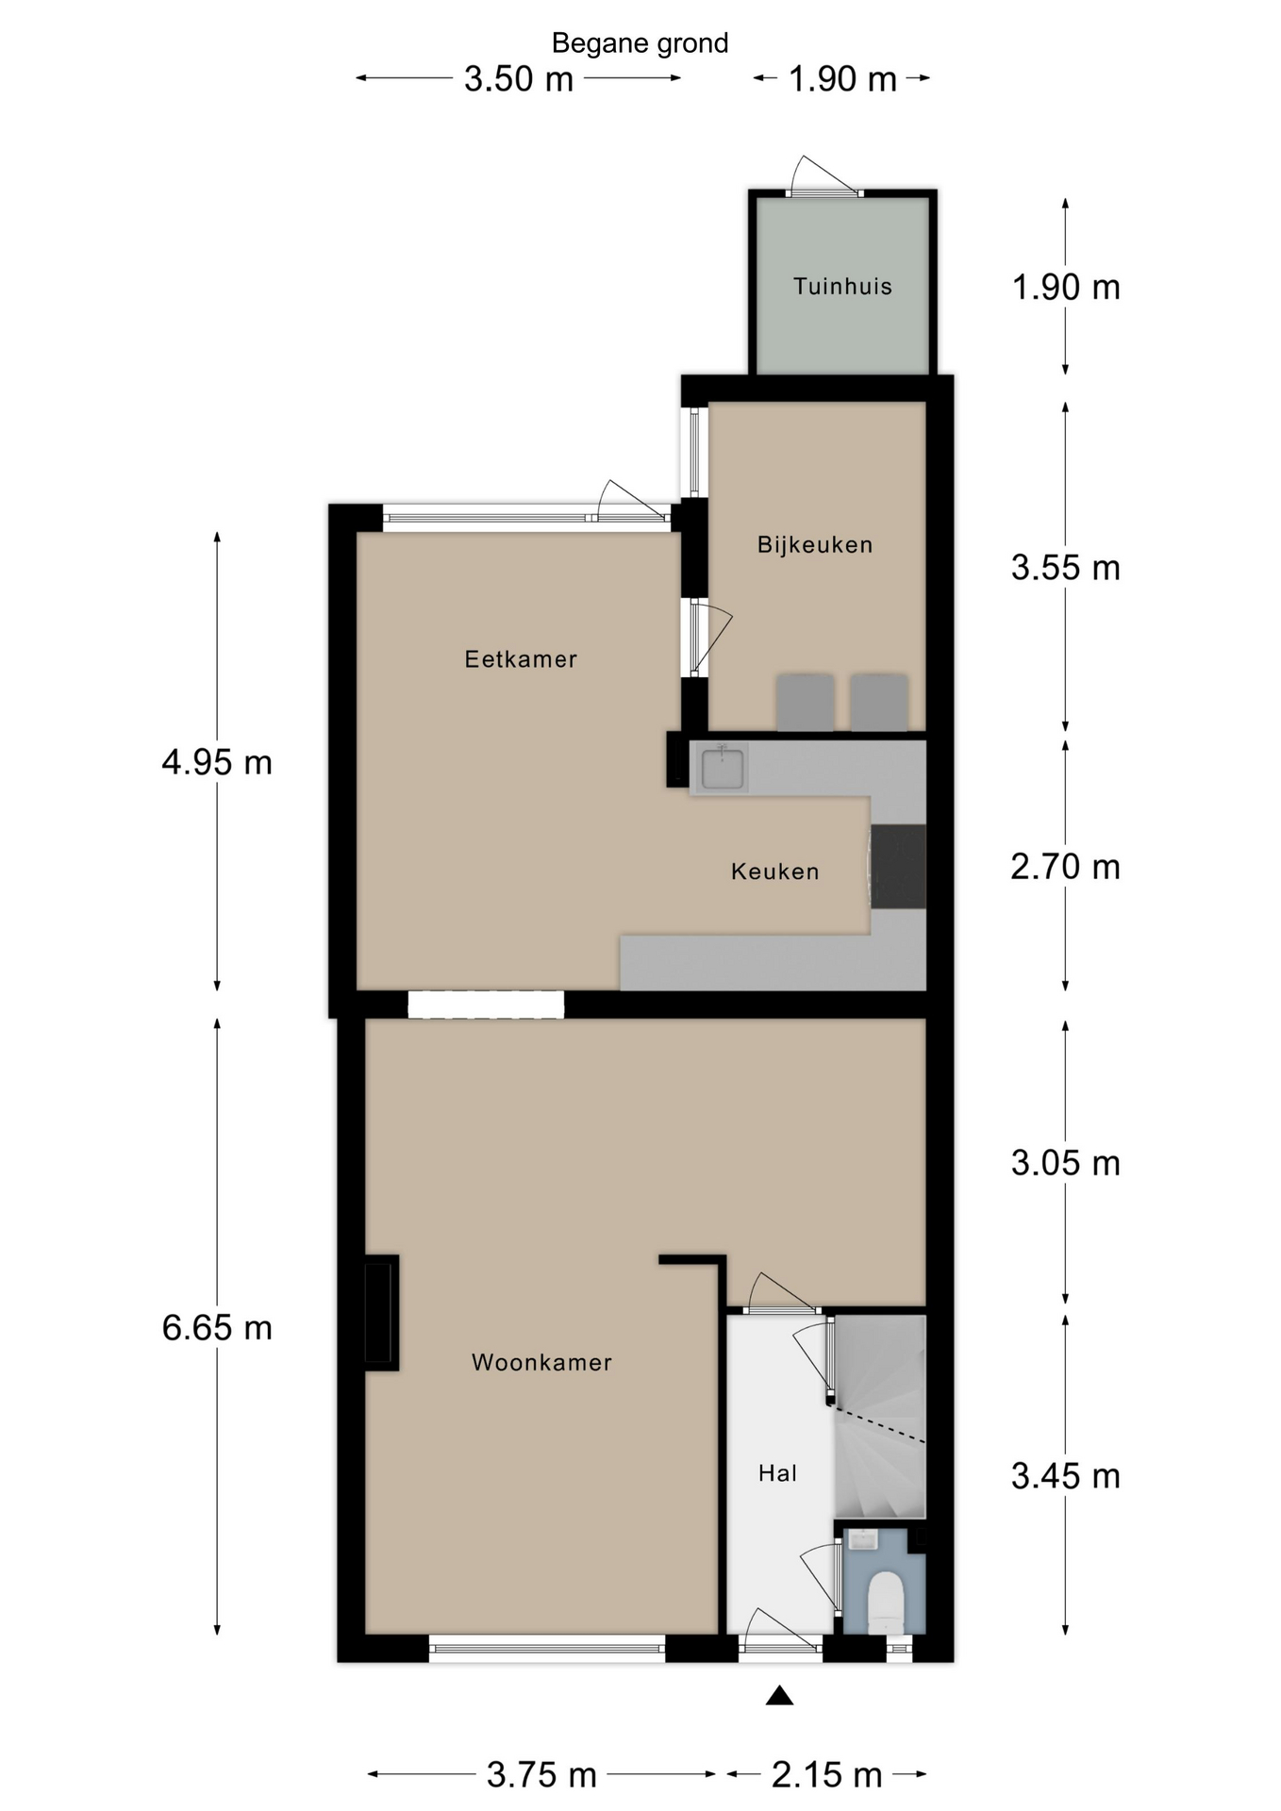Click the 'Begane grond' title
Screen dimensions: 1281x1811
pos(640,43)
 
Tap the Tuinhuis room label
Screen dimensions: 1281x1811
pos(842,287)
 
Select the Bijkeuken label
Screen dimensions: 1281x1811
pos(815,544)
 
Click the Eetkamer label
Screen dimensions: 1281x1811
pos(521,659)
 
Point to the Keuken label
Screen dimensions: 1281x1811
pos(774,872)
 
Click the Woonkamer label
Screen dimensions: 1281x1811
pos(541,1362)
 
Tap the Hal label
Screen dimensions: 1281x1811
pos(777,1473)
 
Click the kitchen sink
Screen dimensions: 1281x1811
pos(723,768)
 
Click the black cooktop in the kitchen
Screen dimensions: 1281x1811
pos(898,867)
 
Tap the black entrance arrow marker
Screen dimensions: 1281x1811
pos(779,1695)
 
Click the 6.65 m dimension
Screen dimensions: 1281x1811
pos(217,1328)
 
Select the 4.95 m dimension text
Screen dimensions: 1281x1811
pos(217,762)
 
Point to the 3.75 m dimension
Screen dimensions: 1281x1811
pos(541,1774)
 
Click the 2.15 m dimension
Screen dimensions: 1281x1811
pos(826,1774)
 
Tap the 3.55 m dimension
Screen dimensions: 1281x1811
pos(1066,568)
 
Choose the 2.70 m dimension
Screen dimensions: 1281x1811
pos(1066,867)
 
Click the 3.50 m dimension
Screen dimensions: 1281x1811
pos(519,78)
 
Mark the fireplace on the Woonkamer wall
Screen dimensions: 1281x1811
pos(381,1313)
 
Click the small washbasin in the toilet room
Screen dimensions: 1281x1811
pos(863,1540)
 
